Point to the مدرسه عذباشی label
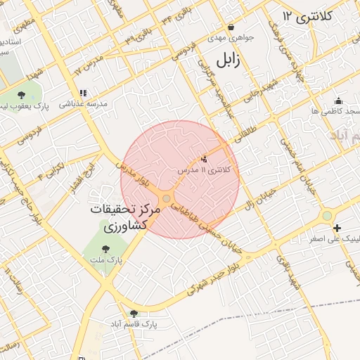82,103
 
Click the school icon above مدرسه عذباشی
83,92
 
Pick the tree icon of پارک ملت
105,248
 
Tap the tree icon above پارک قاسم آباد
134,314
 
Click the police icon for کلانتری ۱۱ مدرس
205,160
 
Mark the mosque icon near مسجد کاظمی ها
338,101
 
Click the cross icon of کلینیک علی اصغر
337,227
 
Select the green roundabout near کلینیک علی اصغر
327,216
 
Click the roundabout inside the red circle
166,198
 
